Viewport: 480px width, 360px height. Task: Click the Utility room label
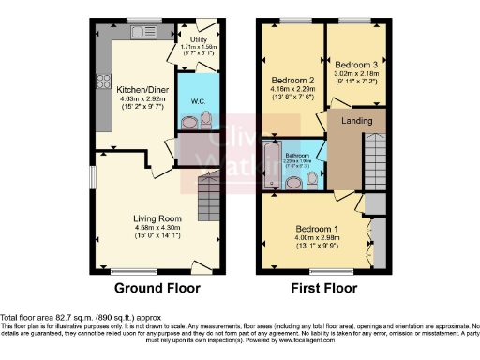[x=199, y=39]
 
